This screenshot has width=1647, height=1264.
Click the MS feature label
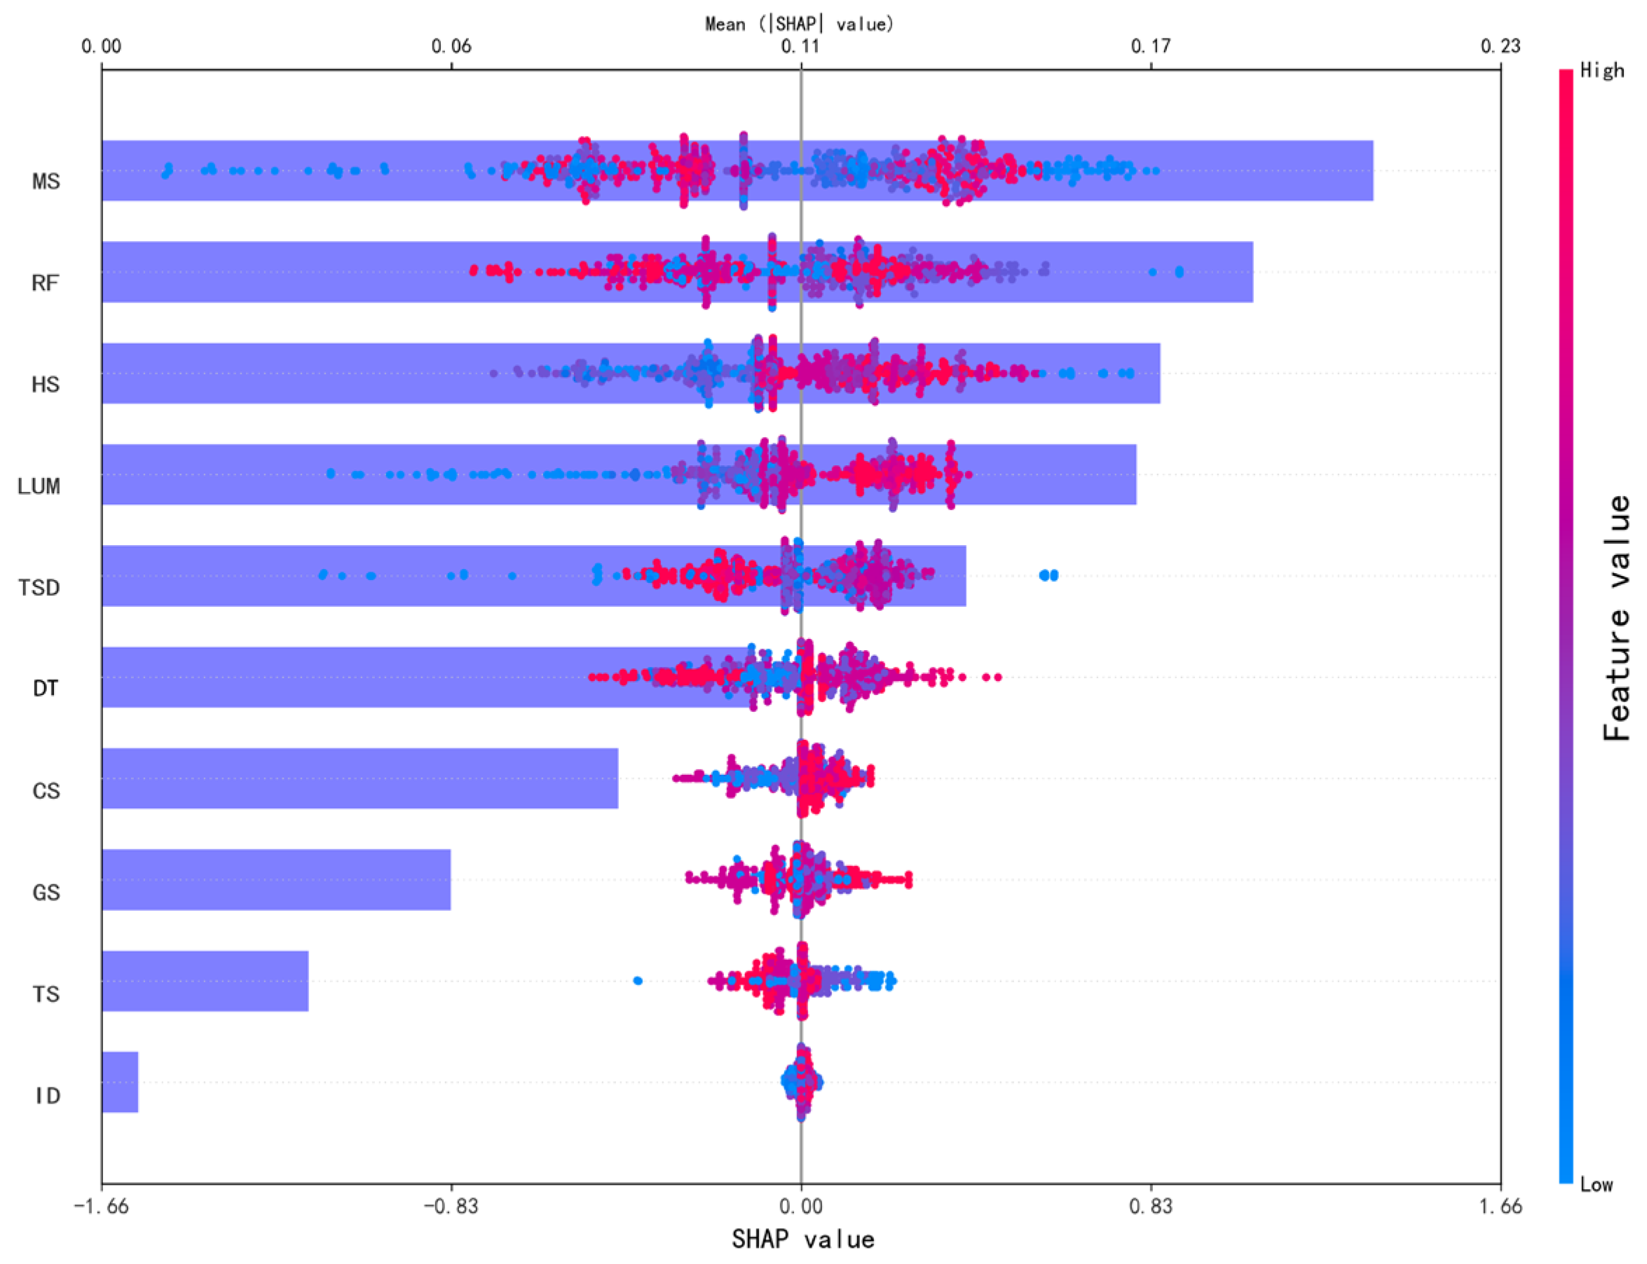coord(46,181)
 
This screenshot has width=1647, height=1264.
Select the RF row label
coord(45,283)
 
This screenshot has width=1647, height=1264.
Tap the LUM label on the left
coord(39,486)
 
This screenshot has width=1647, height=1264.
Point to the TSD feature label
coord(39,587)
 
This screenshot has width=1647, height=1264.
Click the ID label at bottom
coord(47,1095)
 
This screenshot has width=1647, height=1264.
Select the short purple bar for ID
coord(120,1082)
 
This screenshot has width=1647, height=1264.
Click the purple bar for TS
coord(205,980)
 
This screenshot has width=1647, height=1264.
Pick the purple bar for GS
coord(275,879)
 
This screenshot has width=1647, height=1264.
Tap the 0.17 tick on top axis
coord(1150,47)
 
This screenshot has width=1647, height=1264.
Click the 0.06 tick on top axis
coord(451,47)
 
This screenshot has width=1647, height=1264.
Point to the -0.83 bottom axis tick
coord(450,1206)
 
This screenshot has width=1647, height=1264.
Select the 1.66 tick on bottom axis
coord(1500,1206)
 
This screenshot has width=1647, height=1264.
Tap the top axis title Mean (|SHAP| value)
coord(799,24)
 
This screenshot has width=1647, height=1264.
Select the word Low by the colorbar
coord(1596,1185)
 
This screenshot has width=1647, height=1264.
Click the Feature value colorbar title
coord(1615,617)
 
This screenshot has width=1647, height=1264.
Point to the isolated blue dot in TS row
coord(637,980)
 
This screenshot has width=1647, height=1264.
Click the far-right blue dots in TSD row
coord(1048,575)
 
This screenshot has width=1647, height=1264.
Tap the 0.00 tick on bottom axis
coord(801,1206)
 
